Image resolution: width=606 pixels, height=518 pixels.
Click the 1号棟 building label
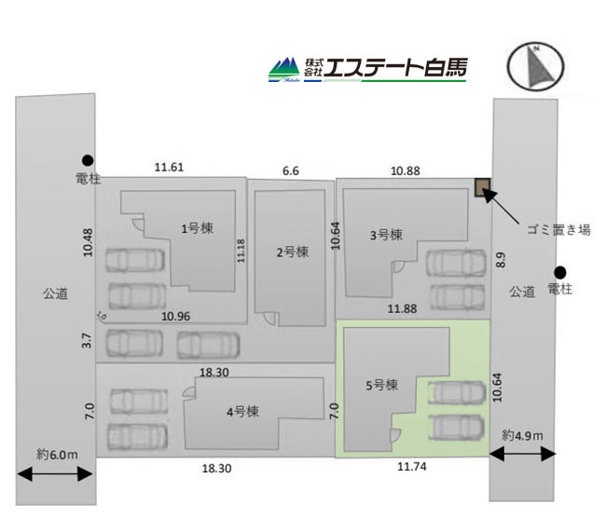(197, 228)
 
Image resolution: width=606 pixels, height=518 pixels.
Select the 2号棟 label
(293, 252)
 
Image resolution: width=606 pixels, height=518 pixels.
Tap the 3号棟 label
(386, 235)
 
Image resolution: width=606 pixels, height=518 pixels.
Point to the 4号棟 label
(242, 412)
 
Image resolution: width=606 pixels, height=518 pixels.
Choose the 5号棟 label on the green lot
(382, 385)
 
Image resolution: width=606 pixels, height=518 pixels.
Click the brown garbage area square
(483, 187)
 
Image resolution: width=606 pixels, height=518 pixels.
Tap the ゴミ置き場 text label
(558, 230)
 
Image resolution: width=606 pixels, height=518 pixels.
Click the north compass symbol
(536, 66)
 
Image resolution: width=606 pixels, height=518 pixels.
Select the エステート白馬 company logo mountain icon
(284, 70)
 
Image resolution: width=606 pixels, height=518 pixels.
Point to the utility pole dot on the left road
(88, 160)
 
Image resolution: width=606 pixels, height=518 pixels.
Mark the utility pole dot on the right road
(560, 272)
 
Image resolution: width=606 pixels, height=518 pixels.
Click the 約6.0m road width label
(57, 455)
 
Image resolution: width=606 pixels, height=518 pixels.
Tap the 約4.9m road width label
(522, 435)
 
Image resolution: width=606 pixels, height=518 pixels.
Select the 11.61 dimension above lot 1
(169, 168)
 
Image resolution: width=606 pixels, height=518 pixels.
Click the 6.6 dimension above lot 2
(291, 170)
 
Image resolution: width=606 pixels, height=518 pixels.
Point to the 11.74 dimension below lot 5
(412, 466)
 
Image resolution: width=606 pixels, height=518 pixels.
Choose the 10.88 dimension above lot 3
(405, 170)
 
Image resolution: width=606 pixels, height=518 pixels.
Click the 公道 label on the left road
(55, 293)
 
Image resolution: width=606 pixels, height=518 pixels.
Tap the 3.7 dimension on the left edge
(88, 340)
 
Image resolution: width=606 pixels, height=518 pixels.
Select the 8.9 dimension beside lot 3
(501, 260)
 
